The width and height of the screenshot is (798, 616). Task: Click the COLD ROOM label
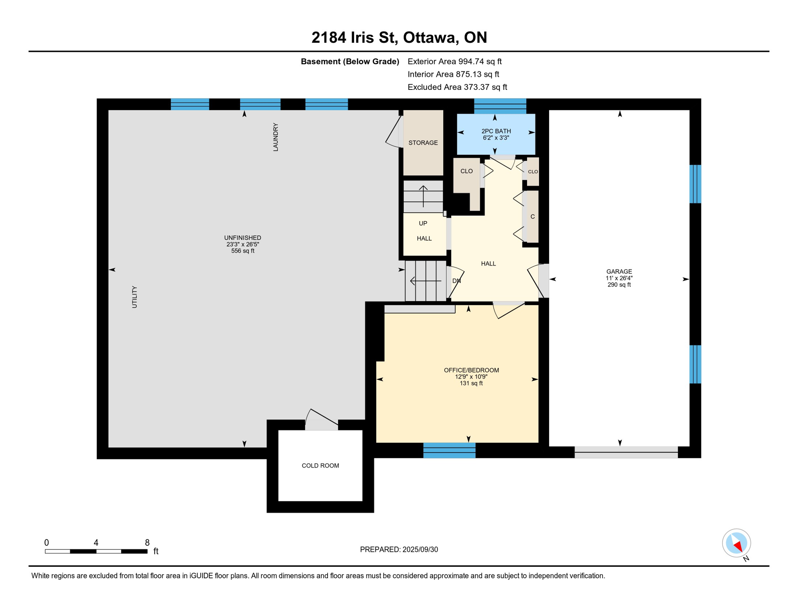pos(320,466)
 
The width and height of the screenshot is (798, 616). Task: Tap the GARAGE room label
pos(619,272)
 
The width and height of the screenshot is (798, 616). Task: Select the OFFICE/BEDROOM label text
pos(471,370)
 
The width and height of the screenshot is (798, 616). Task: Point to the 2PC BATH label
pos(496,131)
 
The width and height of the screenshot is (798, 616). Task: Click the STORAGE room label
pos(423,143)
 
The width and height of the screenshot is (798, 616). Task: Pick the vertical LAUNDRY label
pos(276,137)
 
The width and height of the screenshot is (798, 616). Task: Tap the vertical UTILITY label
pos(134,297)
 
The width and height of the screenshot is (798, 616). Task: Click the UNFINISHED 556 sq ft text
pos(243,251)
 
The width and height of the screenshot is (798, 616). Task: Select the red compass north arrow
pos(738,546)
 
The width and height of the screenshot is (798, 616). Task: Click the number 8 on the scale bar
pos(147,543)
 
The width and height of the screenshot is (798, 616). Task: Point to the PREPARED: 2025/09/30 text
pos(399,549)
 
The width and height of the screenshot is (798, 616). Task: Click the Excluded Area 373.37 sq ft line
pos(457,87)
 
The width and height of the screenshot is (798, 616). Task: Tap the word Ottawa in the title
pos(431,38)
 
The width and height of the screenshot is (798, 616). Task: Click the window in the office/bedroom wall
pos(449,450)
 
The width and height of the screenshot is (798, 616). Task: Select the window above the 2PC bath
pos(500,106)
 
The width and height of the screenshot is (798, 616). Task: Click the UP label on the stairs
pos(423,223)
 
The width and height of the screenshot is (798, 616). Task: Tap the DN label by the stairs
pos(456,281)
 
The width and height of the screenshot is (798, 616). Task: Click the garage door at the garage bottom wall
pos(626,452)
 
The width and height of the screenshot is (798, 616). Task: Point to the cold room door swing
pos(322,419)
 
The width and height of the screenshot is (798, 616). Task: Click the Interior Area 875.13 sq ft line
pos(453,74)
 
